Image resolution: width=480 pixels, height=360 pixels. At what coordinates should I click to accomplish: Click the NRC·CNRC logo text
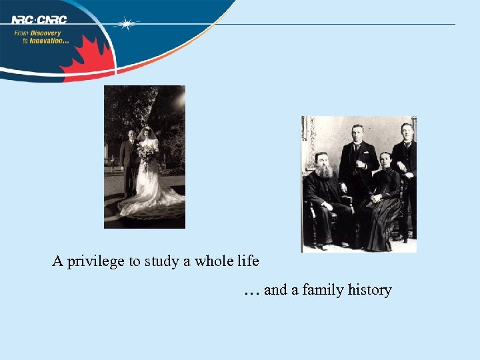[x=39, y=20]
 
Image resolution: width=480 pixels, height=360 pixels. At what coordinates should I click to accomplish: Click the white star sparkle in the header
[x=126, y=24]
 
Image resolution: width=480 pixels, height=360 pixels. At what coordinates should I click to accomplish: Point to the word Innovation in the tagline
[x=47, y=41]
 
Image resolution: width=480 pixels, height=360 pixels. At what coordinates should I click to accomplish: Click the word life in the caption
[x=247, y=261]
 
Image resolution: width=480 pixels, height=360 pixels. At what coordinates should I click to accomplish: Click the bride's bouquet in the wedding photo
[x=145, y=155]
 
